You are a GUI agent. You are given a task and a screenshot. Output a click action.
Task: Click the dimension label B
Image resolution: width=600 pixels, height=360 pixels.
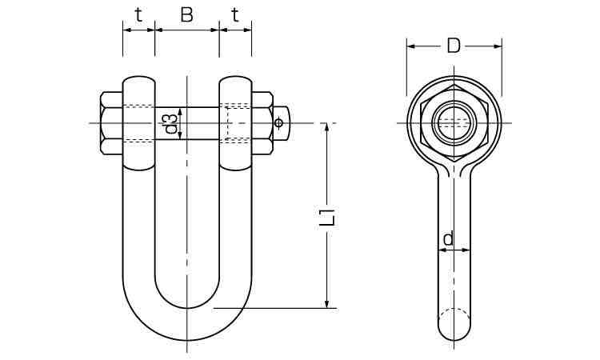point(186,14)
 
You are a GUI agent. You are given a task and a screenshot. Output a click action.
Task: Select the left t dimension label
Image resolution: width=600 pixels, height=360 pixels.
point(138,14)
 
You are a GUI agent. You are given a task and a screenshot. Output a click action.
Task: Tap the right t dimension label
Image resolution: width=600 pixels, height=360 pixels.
point(235,14)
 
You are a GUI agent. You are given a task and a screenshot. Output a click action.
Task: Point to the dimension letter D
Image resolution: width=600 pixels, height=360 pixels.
point(454,46)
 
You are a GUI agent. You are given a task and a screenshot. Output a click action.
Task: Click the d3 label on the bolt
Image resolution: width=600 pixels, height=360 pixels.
point(170,123)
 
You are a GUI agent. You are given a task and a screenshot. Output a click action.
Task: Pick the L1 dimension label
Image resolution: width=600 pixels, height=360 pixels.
point(326,217)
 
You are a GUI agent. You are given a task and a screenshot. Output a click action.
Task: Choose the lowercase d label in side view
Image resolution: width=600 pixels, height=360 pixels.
point(449,238)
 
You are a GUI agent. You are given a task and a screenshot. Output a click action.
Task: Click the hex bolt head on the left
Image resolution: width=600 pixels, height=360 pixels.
point(111,123)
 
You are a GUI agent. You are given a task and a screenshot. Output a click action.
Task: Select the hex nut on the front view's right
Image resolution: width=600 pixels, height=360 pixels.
point(262,123)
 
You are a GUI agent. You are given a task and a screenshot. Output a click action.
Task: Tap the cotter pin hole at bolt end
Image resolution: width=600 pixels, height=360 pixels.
point(278,123)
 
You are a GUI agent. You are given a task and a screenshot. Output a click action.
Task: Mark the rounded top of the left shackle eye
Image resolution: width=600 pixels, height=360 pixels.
point(138,79)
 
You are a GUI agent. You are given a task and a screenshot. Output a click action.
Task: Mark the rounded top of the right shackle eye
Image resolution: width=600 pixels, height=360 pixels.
point(235,79)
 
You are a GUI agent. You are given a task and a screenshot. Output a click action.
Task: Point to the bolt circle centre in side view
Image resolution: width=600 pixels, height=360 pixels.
point(454,123)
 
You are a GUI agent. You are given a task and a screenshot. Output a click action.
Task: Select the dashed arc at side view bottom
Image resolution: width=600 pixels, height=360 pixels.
point(454,313)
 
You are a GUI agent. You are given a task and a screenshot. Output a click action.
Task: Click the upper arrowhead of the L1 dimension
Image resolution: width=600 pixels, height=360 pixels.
point(326,128)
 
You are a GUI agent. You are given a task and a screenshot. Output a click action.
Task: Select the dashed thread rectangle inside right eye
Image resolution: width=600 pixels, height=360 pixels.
point(235,123)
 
